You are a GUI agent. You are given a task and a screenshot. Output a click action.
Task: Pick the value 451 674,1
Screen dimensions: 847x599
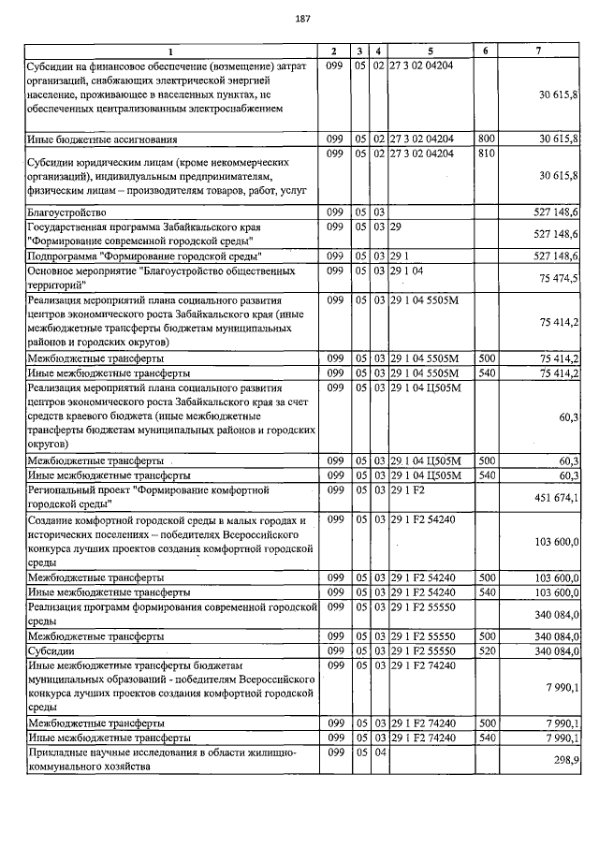click(x=556, y=498)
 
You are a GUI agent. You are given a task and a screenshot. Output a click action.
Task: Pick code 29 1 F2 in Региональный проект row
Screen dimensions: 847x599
click(x=408, y=489)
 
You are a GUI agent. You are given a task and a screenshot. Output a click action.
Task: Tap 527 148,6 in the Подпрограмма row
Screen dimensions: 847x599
click(x=556, y=256)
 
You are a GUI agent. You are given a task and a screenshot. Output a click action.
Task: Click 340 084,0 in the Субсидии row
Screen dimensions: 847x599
click(x=556, y=650)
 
